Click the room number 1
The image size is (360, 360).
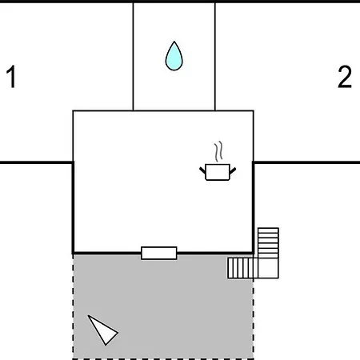click(12, 77)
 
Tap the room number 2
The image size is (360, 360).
click(345, 77)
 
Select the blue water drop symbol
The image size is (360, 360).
click(174, 56)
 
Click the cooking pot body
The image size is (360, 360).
click(218, 172)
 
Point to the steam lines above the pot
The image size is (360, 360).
click(218, 151)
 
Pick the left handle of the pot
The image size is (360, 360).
click(202, 170)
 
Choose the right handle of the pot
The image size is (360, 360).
click(233, 170)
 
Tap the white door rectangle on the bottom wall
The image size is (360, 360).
click(159, 253)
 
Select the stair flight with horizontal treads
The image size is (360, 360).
click(268, 242)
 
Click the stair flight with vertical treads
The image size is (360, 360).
click(242, 268)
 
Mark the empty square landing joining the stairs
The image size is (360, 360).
click(268, 268)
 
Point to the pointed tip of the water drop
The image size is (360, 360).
click(174, 42)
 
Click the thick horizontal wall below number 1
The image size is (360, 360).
click(36, 162)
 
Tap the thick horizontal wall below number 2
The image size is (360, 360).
click(306, 162)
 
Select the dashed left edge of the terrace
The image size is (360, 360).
click(73, 306)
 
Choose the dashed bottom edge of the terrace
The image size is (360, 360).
click(163, 359)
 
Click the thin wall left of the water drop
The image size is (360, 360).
click(133, 57)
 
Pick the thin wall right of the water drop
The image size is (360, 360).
click(215, 57)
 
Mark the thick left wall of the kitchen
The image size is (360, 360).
click(73, 207)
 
